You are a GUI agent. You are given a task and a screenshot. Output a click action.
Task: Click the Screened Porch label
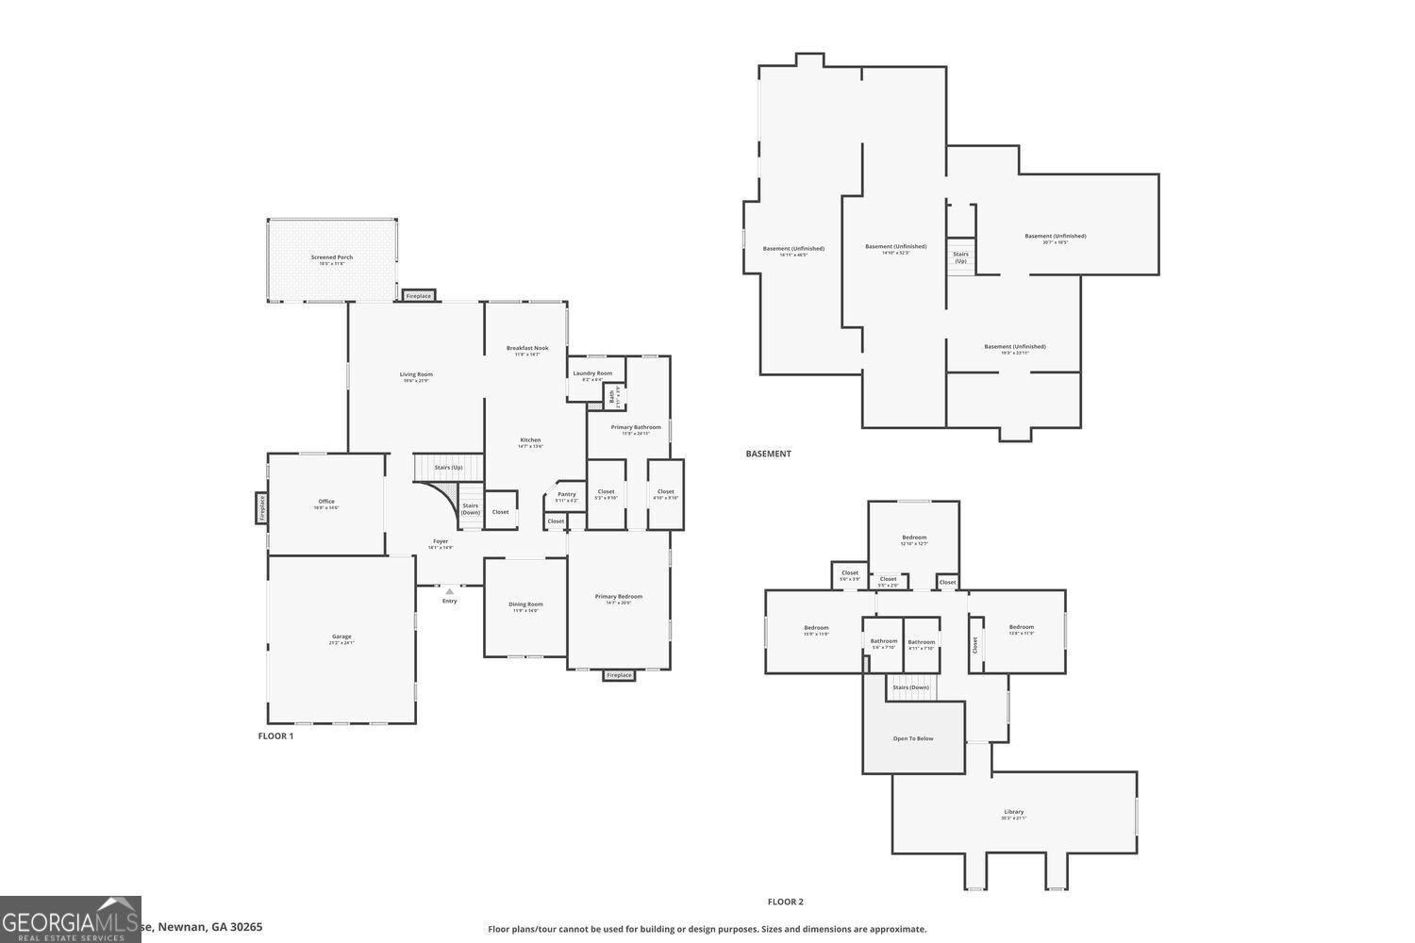[332, 257]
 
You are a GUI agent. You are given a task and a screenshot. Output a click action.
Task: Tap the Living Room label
[416, 374]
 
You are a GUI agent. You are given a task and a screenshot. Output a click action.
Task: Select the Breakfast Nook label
[527, 348]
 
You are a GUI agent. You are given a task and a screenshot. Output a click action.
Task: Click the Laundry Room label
[592, 373]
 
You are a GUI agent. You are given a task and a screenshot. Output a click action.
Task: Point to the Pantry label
[566, 494]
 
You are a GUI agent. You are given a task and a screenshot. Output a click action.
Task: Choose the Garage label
[341, 637]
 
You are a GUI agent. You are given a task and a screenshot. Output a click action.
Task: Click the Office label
[326, 502]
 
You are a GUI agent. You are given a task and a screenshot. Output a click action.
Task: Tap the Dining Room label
[525, 604]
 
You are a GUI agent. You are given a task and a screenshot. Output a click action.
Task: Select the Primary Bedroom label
[618, 596]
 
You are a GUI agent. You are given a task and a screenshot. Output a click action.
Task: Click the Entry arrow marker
[450, 591]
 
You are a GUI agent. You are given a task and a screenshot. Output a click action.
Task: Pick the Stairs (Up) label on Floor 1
[448, 468]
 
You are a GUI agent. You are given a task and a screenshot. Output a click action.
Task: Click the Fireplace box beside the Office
[261, 508]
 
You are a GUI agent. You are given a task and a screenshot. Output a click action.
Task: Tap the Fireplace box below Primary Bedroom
[619, 675]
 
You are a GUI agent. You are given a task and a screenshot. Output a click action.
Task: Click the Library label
[1013, 812]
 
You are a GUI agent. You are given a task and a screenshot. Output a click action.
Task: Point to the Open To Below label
[913, 738]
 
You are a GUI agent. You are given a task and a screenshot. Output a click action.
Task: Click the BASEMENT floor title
[768, 454]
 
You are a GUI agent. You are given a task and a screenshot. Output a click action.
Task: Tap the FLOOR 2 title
[785, 902]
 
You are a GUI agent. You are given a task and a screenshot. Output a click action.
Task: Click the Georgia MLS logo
[71, 919]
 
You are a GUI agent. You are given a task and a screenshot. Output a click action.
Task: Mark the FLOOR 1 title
[275, 736]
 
